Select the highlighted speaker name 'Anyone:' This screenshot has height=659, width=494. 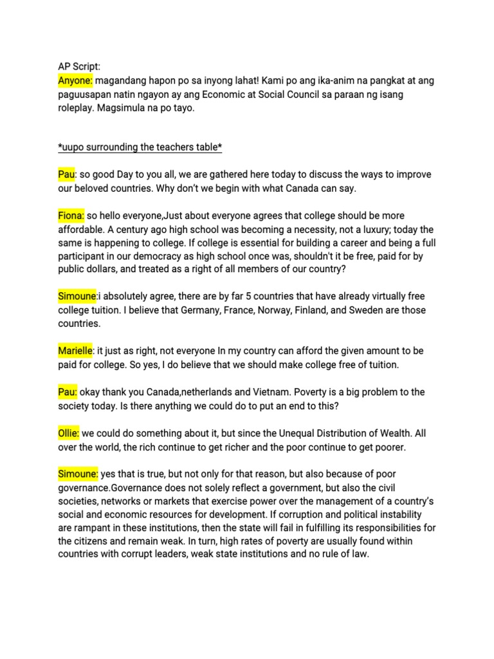(76, 80)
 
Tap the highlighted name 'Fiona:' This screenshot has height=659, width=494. (71, 216)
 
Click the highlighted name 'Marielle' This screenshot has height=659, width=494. (76, 351)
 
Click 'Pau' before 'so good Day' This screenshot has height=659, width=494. (66, 175)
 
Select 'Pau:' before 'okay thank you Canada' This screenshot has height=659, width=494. (68, 392)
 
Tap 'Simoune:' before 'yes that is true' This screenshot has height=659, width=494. (78, 474)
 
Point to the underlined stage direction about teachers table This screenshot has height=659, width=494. (140, 148)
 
